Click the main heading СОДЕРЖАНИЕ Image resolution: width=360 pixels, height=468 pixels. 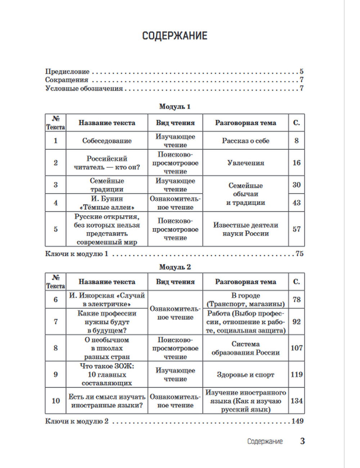click(175, 36)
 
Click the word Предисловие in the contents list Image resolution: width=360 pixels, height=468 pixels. click(67, 71)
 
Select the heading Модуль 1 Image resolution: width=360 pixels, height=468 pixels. click(175, 107)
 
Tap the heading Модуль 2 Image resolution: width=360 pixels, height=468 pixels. click(175, 267)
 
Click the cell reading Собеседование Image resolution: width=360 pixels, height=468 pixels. click(107, 141)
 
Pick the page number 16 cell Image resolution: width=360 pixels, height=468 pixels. click(296, 163)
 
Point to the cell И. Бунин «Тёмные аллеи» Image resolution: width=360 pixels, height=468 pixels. click(107, 203)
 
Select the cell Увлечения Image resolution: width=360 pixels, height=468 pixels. click(246, 163)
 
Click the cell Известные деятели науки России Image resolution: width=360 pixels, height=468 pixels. click(246, 229)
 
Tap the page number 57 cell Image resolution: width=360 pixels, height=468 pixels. click(296, 229)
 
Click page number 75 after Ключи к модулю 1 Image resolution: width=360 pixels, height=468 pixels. click(300, 254)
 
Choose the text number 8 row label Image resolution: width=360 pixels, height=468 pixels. click(55, 348)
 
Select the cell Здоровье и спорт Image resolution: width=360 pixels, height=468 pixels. click(246, 375)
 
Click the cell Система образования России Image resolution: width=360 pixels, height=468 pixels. click(246, 348)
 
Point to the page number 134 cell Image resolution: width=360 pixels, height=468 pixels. click(296, 401)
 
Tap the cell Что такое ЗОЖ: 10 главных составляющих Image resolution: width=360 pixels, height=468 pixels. click(107, 375)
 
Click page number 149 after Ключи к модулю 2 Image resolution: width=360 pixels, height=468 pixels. click(297, 421)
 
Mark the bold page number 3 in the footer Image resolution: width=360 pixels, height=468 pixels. click(302, 441)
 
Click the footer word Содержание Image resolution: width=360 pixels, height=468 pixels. click(265, 441)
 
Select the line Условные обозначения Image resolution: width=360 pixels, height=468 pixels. click(84, 89)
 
